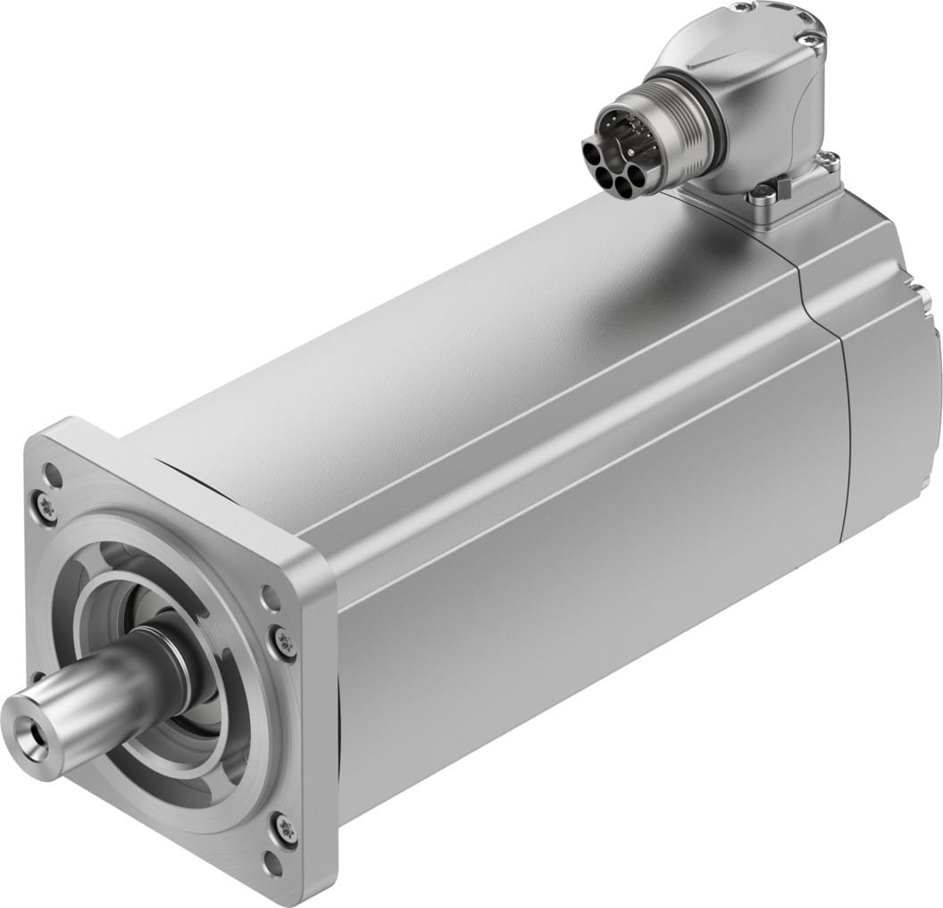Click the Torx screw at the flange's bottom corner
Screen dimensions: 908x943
point(284,828)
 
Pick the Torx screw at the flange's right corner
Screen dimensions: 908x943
point(284,640)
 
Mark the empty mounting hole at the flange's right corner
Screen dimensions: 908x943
point(269,597)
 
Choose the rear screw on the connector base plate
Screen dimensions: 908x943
point(829,162)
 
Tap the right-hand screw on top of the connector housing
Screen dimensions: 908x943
point(810,37)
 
